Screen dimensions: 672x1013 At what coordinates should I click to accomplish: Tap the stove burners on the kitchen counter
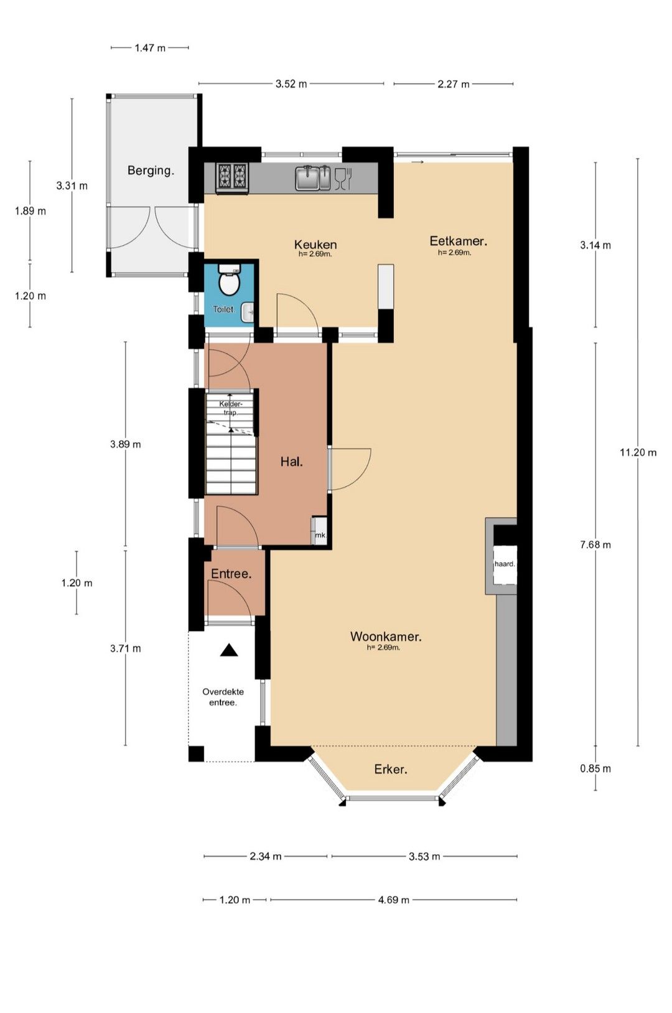point(233,178)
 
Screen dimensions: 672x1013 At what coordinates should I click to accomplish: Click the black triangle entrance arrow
point(229,650)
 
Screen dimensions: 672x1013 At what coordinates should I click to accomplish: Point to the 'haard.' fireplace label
point(504,564)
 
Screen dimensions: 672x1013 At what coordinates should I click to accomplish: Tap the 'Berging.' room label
point(151,170)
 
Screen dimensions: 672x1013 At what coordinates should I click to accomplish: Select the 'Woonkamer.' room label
point(386,637)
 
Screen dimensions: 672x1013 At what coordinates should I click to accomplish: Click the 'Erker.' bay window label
point(391,769)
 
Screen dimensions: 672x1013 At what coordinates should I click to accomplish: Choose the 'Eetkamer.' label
point(458,241)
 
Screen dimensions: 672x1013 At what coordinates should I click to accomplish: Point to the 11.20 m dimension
point(638,452)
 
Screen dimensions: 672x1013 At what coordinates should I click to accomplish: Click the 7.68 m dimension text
point(595,544)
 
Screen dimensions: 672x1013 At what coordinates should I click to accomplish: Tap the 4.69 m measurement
point(393,900)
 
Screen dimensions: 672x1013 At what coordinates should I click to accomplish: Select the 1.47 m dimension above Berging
point(150,47)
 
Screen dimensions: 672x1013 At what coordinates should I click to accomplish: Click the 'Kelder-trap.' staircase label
point(231,408)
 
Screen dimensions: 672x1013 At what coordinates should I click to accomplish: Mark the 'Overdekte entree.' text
point(223,697)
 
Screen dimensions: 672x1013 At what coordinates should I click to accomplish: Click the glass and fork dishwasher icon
point(343,178)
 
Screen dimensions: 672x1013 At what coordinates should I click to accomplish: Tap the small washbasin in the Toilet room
point(247,312)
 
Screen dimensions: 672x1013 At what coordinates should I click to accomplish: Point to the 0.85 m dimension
point(595,768)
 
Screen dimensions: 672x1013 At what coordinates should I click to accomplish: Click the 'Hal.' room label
point(291,462)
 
